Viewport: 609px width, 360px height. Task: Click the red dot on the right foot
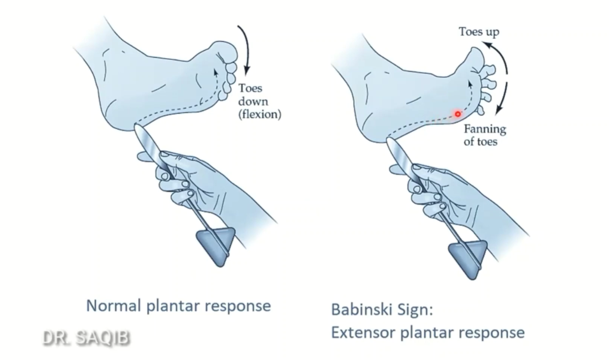coord(458,114)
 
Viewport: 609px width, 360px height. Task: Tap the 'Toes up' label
coord(479,32)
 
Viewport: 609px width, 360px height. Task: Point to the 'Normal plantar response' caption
coord(178,306)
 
